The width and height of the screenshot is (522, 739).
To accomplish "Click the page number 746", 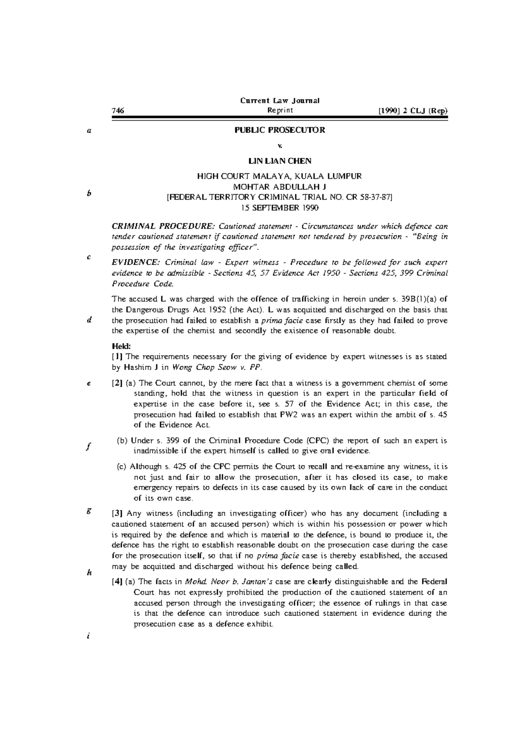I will tap(118, 111).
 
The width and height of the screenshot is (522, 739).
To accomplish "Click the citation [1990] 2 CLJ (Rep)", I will tap(413, 111).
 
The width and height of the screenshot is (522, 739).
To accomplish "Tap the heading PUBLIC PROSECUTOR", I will tap(280, 130).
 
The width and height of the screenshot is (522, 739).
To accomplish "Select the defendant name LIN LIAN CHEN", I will tap(280, 161).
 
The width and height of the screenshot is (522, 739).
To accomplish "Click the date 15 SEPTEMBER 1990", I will tap(280, 208).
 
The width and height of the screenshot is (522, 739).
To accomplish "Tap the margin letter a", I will tap(88, 130).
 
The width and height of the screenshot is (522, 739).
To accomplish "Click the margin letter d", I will tap(89, 320).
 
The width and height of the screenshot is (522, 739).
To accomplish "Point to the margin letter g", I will tap(89, 512).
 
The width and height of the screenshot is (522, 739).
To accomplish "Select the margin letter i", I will tap(88, 636).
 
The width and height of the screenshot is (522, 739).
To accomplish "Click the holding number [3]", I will tap(117, 514).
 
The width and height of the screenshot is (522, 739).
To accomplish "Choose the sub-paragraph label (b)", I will tap(122, 440).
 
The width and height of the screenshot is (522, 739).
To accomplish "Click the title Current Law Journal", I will tap(280, 101).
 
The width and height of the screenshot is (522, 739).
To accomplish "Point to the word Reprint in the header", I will tap(280, 111).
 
